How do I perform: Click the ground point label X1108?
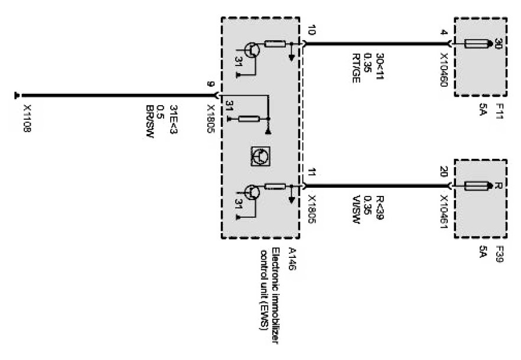tap(27, 119)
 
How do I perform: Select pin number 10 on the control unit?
tap(311, 30)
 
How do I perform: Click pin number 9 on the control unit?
tap(210, 84)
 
